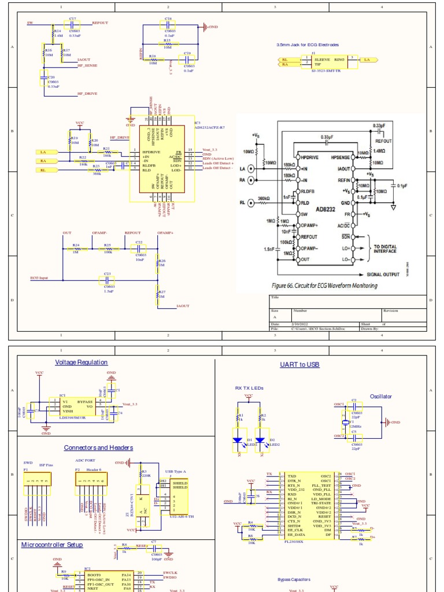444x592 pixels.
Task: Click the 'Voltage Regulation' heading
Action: click(81, 362)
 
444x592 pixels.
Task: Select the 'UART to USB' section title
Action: click(299, 365)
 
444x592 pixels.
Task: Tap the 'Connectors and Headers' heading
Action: click(98, 447)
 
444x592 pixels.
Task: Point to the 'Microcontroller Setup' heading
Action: click(51, 545)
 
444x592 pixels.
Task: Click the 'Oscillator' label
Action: click(380, 397)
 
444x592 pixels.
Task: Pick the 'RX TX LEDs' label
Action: click(249, 388)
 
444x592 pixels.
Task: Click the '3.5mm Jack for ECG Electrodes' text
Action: click(308, 45)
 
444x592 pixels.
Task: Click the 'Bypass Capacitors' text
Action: click(294, 579)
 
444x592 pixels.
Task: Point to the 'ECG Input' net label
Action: click(39, 278)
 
